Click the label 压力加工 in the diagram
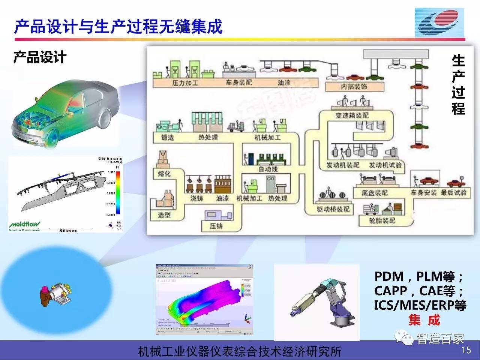184,83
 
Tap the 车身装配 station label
238,83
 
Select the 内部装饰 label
354,87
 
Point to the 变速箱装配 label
352,116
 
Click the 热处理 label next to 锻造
208,138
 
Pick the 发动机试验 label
385,165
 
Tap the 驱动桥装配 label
333,209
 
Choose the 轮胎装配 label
382,220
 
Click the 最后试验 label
453,193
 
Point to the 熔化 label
164,174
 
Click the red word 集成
424,320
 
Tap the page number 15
466,350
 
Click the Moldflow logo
24,225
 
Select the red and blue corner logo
439,22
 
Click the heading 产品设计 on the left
40,57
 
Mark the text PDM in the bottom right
389,277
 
